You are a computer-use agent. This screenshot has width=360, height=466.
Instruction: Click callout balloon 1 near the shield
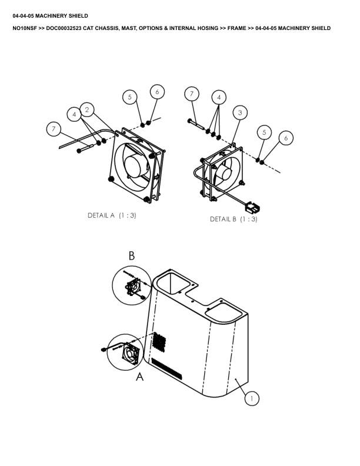(252, 398)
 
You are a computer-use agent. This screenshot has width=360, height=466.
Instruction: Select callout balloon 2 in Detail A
(86, 109)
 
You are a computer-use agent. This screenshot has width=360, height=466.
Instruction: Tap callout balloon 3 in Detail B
(240, 112)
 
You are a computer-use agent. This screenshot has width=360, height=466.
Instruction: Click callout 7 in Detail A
(54, 129)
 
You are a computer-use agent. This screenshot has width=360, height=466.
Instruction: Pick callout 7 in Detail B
(192, 94)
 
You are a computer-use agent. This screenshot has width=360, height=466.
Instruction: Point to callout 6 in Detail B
(286, 138)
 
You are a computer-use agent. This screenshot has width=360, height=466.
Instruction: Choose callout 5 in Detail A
(130, 97)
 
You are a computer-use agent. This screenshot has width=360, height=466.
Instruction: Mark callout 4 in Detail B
(219, 97)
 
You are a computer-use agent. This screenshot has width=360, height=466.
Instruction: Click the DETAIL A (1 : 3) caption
(112, 215)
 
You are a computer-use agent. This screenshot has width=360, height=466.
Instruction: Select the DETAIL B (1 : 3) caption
(234, 219)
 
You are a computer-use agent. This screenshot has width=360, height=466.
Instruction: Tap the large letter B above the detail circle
(132, 255)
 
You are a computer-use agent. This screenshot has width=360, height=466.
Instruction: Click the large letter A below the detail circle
(139, 377)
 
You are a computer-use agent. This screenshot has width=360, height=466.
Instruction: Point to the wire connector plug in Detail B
(252, 207)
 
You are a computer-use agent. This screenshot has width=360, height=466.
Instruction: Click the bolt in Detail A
(85, 148)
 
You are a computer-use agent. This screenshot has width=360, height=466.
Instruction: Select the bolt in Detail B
(196, 124)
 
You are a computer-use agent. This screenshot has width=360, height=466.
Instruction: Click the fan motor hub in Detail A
(135, 166)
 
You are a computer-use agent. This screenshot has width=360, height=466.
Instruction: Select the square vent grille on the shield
(159, 342)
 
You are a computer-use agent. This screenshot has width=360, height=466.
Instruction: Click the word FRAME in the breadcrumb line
(236, 28)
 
